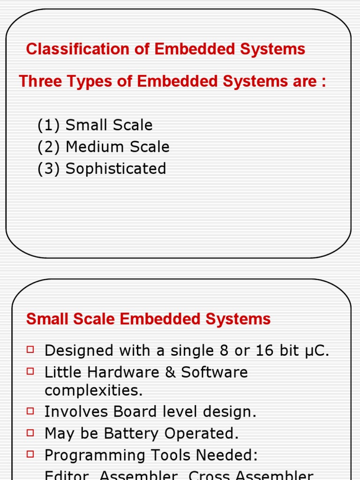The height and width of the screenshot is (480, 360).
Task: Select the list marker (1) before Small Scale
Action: (49, 125)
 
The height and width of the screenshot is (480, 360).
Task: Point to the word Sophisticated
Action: (116, 169)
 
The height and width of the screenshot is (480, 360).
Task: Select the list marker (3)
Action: (49, 169)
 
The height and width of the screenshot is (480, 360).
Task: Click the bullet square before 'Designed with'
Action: (31, 349)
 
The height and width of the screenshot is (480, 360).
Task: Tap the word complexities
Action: (93, 390)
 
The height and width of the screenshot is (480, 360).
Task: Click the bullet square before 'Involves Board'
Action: (31, 411)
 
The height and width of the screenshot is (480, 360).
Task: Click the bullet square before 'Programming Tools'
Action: (31, 454)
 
